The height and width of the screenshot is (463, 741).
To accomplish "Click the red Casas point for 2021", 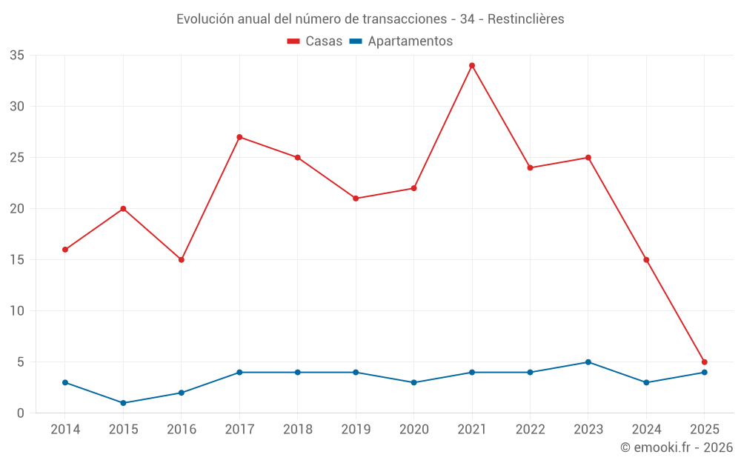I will pyautogui.click(x=472, y=65).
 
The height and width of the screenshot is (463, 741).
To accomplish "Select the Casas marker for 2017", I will pyautogui.click(x=239, y=137).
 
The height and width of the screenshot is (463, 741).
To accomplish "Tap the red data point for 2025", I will pyautogui.click(x=705, y=362).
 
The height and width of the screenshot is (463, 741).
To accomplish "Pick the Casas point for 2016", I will pyautogui.click(x=182, y=260).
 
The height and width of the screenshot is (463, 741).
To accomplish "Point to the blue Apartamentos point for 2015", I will pyautogui.click(x=123, y=403).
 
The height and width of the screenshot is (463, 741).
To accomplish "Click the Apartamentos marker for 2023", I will pyautogui.click(x=588, y=362).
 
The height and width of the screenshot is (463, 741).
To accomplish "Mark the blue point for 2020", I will pyautogui.click(x=413, y=382).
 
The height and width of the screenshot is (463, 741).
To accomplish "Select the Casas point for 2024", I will pyautogui.click(x=646, y=260).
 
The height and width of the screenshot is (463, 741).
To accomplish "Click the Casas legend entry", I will pyautogui.click(x=315, y=41).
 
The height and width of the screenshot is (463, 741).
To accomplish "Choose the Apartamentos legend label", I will pyautogui.click(x=410, y=41).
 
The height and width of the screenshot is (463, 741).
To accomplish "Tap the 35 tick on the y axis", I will pyautogui.click(x=17, y=55).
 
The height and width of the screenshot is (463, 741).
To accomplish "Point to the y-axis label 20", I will pyautogui.click(x=17, y=209).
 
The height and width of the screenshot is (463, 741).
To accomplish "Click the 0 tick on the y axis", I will pyautogui.click(x=21, y=413).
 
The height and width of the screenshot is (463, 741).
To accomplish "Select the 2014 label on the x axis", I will pyautogui.click(x=65, y=430).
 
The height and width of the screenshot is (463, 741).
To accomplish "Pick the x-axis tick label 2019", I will pyautogui.click(x=356, y=430).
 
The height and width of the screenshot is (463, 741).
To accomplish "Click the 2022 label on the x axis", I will pyautogui.click(x=530, y=430).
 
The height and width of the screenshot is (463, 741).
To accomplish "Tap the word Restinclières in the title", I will pyautogui.click(x=527, y=19).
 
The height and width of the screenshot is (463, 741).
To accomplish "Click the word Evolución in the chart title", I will pyautogui.click(x=204, y=19).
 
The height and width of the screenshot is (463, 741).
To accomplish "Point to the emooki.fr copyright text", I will pyautogui.click(x=677, y=447).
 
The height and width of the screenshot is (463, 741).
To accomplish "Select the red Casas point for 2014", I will pyautogui.click(x=65, y=250).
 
